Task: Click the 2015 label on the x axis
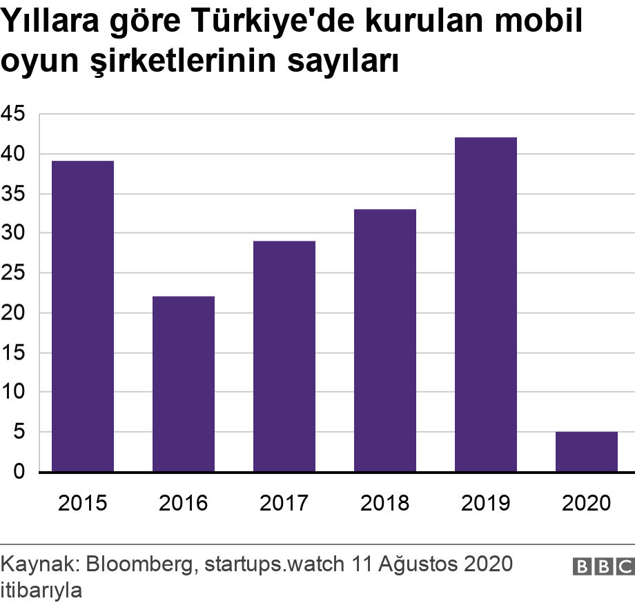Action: click(x=83, y=503)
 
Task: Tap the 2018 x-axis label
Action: click(x=385, y=503)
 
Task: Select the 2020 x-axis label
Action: click(x=587, y=503)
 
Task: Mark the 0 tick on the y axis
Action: click(x=19, y=472)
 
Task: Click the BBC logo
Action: click(x=603, y=566)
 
